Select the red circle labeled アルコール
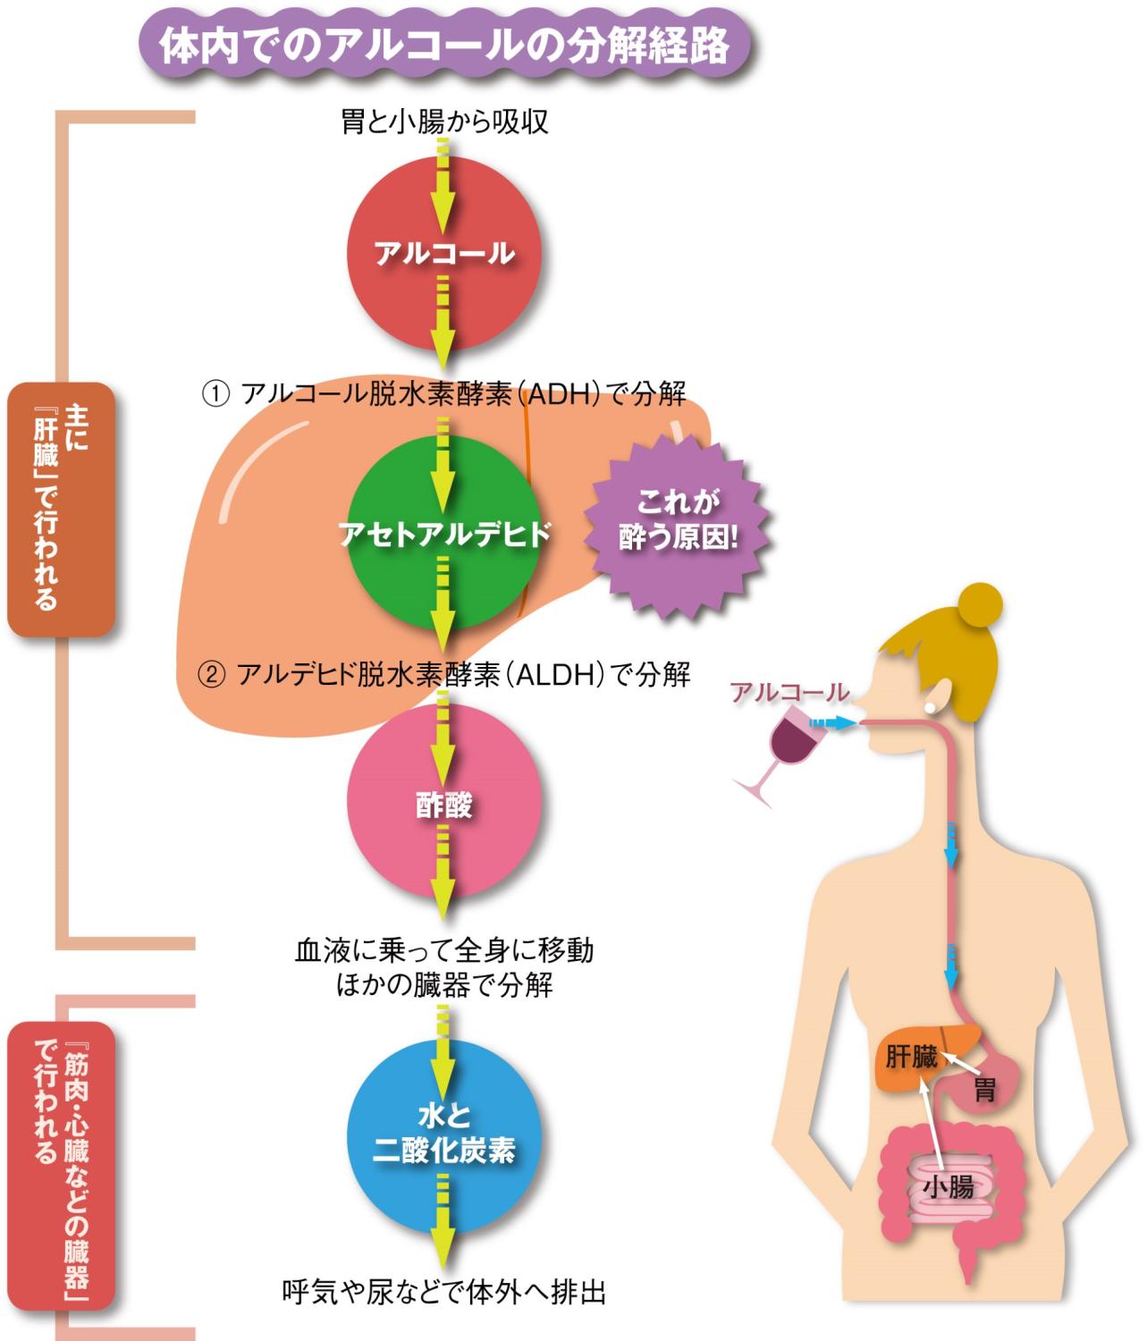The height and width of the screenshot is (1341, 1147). (444, 253)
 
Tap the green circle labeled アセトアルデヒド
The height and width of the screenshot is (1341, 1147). (444, 534)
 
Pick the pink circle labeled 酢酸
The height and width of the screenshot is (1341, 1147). (444, 805)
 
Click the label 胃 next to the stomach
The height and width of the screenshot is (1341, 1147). (984, 1090)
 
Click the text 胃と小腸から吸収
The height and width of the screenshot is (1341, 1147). (444, 122)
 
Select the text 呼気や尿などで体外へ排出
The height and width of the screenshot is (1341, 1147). (444, 1292)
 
